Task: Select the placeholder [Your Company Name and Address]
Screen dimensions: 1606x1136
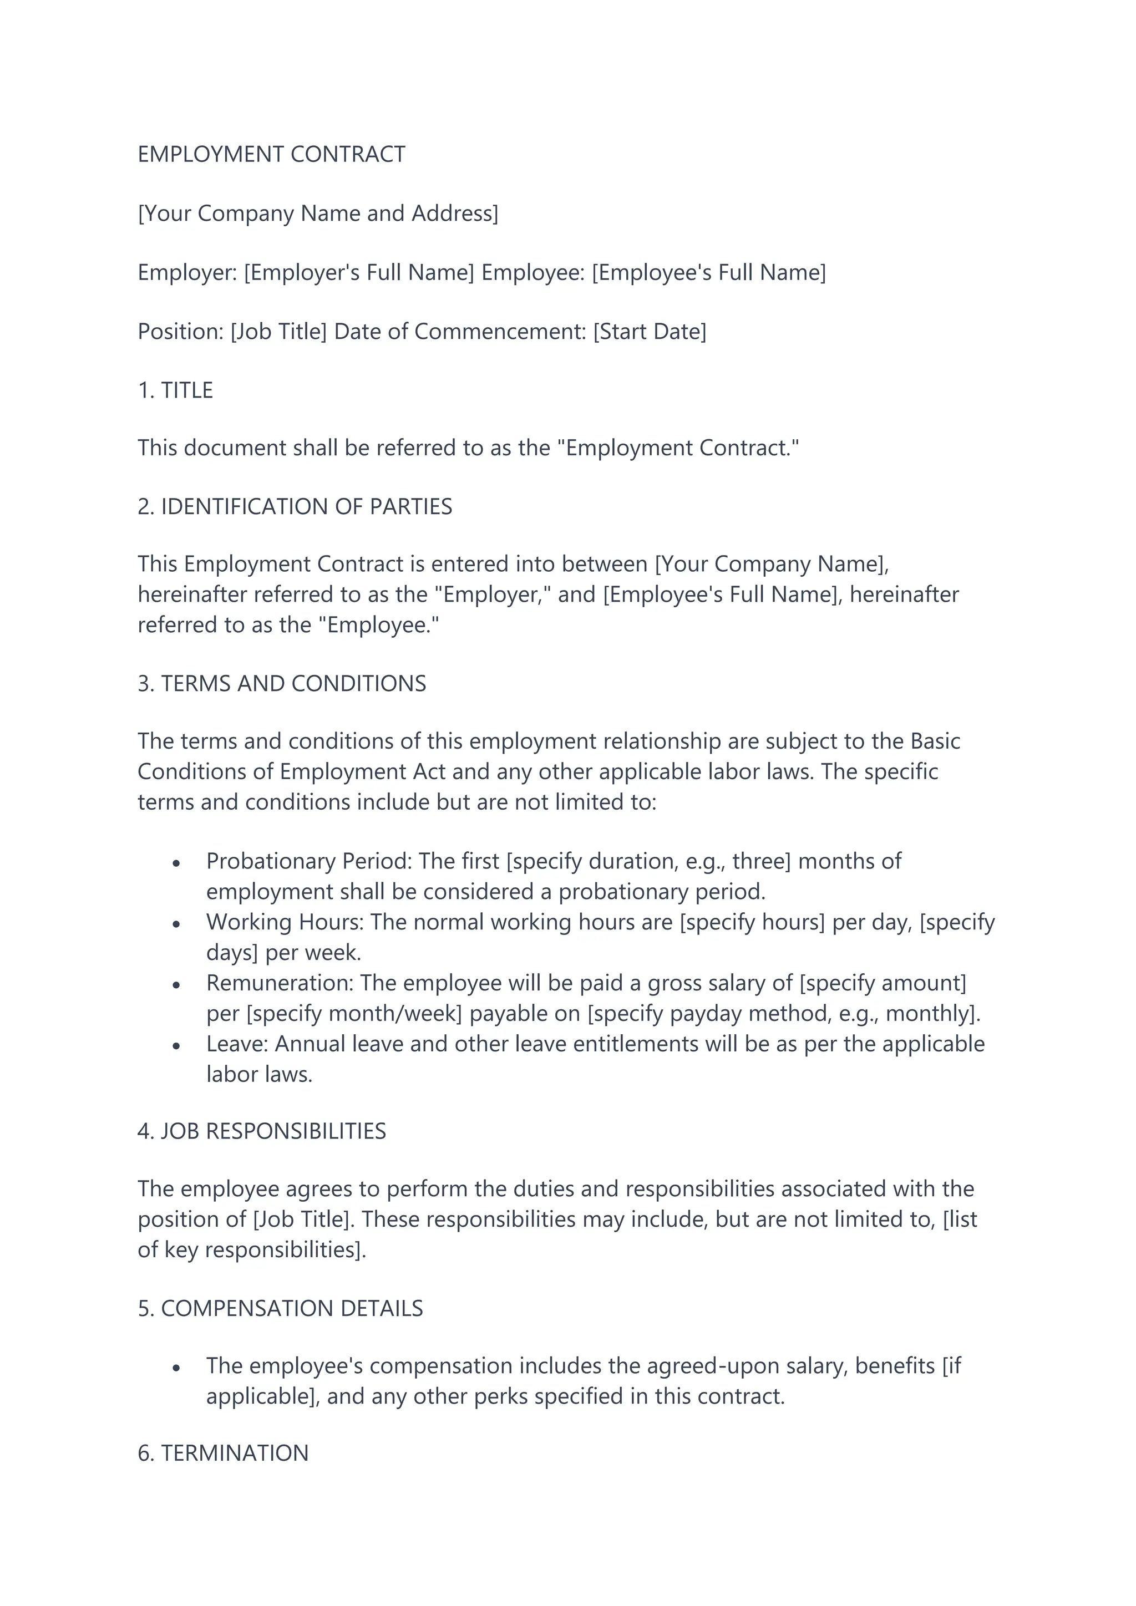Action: [x=318, y=214]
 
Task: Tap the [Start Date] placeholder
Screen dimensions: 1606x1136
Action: [x=650, y=332]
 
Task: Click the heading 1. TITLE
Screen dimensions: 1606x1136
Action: [x=176, y=390]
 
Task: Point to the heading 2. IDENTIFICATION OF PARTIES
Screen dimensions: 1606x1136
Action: [x=295, y=506]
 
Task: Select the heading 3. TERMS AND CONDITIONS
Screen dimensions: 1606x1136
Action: [x=282, y=683]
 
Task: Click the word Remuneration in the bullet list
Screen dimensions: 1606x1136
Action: [x=279, y=983]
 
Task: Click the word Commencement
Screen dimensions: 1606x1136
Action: [x=499, y=332]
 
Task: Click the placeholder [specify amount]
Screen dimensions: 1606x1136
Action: [x=883, y=983]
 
